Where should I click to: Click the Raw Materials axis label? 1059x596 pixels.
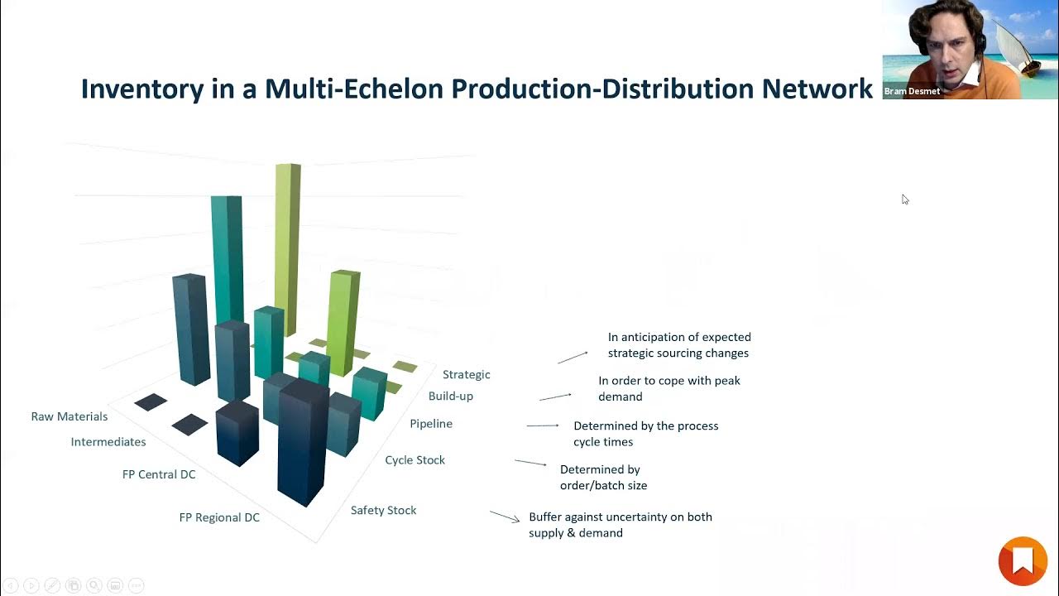69,416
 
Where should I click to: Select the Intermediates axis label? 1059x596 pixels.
108,442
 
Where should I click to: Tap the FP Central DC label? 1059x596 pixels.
159,474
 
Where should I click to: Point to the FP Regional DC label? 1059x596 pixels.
219,517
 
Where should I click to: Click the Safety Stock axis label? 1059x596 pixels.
383,510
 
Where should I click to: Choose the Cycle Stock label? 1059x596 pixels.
414,459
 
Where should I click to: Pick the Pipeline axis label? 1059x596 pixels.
431,424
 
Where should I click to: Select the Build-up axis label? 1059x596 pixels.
451,396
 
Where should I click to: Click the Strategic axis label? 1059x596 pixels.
467,374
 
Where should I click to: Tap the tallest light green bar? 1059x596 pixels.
287,248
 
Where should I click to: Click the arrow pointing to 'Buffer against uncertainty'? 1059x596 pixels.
505,516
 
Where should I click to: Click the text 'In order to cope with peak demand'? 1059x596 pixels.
668,388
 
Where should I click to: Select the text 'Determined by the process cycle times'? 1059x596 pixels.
645,434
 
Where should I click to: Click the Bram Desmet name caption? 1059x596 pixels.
912,91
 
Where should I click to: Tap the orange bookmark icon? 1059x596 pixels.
1023,561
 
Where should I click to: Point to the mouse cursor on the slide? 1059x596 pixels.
905,199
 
